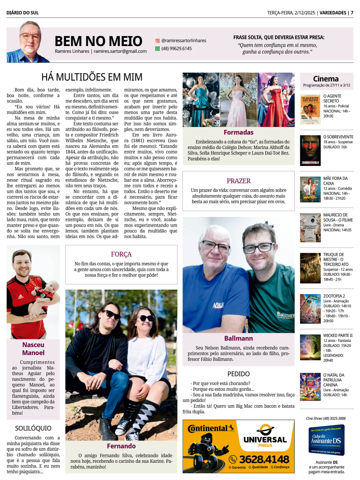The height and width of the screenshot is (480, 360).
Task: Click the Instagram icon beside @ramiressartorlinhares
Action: click(x=157, y=41)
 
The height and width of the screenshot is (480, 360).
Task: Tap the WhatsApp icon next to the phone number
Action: click(x=157, y=49)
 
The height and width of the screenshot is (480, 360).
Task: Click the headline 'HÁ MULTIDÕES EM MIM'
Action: click(x=92, y=77)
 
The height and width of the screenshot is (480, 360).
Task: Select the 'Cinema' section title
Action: click(x=326, y=79)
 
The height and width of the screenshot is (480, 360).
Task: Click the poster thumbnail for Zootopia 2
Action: click(x=310, y=308)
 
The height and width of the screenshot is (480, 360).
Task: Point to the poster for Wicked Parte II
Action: click(x=310, y=348)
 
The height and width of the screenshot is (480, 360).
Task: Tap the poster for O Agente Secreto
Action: click(x=310, y=109)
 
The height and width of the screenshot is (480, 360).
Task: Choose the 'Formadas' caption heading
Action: click(x=238, y=132)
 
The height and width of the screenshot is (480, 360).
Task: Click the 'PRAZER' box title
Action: click(x=238, y=181)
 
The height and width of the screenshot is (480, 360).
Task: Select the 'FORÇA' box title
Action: click(x=121, y=254)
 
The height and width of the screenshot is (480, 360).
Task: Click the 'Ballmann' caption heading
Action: click(x=238, y=339)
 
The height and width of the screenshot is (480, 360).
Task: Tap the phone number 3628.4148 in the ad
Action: click(x=264, y=459)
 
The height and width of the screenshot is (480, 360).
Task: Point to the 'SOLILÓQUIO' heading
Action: click(x=33, y=428)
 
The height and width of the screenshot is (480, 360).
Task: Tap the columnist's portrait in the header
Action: click(x=29, y=42)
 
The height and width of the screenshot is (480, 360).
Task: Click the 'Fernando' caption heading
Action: click(x=121, y=446)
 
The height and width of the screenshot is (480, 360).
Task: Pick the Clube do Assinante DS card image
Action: click(x=327, y=440)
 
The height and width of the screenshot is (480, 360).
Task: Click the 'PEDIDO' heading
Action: click(x=238, y=374)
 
